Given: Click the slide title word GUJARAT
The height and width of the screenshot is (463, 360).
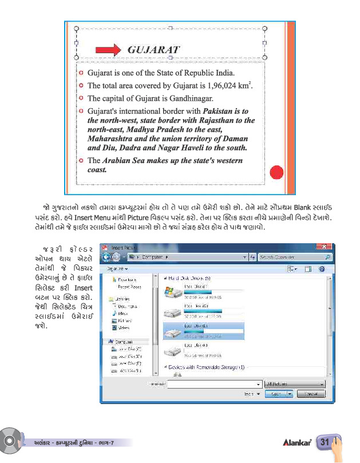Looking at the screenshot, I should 153,49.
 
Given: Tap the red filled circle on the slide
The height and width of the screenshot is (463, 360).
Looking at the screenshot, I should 276,172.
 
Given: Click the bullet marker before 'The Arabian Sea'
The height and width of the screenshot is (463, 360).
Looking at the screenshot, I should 81,160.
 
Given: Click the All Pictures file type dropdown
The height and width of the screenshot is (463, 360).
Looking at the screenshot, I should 295,384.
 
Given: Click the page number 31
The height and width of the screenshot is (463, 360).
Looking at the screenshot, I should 325,442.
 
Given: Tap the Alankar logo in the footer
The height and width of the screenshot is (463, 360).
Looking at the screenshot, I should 296,442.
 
